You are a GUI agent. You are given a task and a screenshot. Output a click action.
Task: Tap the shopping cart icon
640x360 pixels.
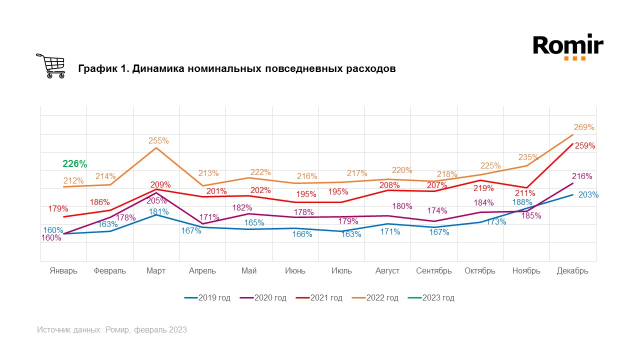point(51,66)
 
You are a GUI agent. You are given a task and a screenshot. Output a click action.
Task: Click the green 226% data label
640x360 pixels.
point(75,163)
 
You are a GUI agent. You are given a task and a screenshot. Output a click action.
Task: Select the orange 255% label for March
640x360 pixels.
point(158,141)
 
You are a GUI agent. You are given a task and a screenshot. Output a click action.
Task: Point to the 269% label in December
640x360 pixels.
point(584,127)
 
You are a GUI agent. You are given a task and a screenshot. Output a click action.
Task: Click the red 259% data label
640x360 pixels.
point(585,146)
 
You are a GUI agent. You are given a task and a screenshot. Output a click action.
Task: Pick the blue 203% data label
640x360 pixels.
point(588,195)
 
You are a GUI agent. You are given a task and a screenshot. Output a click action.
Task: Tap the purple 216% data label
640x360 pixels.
point(582,176)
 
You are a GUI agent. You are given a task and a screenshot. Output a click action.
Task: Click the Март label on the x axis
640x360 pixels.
point(156,271)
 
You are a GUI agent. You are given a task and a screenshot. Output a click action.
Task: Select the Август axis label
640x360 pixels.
point(387,271)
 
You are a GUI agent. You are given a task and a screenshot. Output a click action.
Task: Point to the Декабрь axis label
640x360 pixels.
point(572,271)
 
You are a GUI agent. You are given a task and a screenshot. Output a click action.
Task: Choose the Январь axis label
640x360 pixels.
point(63,271)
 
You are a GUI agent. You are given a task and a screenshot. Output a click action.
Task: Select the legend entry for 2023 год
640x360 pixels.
point(438,298)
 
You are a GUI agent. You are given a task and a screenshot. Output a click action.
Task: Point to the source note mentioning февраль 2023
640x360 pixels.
point(112,330)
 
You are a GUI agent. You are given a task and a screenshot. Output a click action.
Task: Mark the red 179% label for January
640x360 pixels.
point(58,208)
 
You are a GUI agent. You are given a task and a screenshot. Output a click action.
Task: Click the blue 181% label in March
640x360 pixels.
point(158,211)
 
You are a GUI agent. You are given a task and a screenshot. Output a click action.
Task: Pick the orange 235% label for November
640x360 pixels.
point(528,157)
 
